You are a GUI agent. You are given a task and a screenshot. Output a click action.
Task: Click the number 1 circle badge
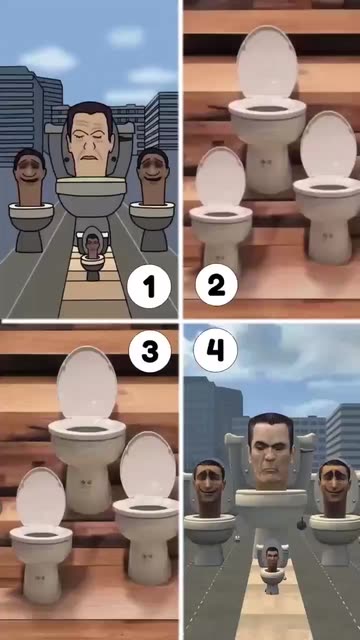click(x=149, y=287)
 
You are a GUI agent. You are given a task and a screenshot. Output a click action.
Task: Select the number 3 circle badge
click(x=150, y=351)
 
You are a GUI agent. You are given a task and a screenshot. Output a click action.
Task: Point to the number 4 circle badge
click(x=215, y=350)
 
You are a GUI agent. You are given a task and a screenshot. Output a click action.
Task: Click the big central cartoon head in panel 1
click(x=90, y=139)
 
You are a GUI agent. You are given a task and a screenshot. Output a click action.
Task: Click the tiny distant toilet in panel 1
click(x=93, y=256)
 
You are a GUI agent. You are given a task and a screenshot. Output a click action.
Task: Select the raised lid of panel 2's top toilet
click(x=267, y=63)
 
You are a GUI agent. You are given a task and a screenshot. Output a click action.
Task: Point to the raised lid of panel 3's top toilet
click(x=87, y=384)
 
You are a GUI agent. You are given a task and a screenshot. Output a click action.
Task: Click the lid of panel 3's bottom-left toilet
click(x=40, y=498)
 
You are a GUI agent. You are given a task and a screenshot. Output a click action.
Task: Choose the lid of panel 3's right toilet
click(x=149, y=466)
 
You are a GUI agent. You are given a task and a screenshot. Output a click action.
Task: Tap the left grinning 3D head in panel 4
click(x=209, y=487)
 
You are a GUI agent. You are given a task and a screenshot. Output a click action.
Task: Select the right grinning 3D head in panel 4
click(x=335, y=487)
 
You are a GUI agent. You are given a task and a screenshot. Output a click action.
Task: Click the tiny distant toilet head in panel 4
click(x=271, y=559)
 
